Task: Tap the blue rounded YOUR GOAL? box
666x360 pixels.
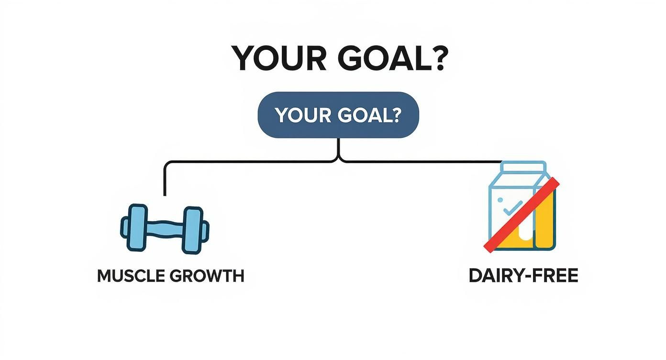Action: click(338, 115)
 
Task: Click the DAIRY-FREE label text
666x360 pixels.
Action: click(523, 276)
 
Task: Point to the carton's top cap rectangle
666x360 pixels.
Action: click(523, 167)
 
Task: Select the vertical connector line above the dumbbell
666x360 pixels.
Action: click(165, 180)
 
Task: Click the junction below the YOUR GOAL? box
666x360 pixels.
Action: click(339, 156)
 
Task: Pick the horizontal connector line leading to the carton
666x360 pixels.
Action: click(421, 162)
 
